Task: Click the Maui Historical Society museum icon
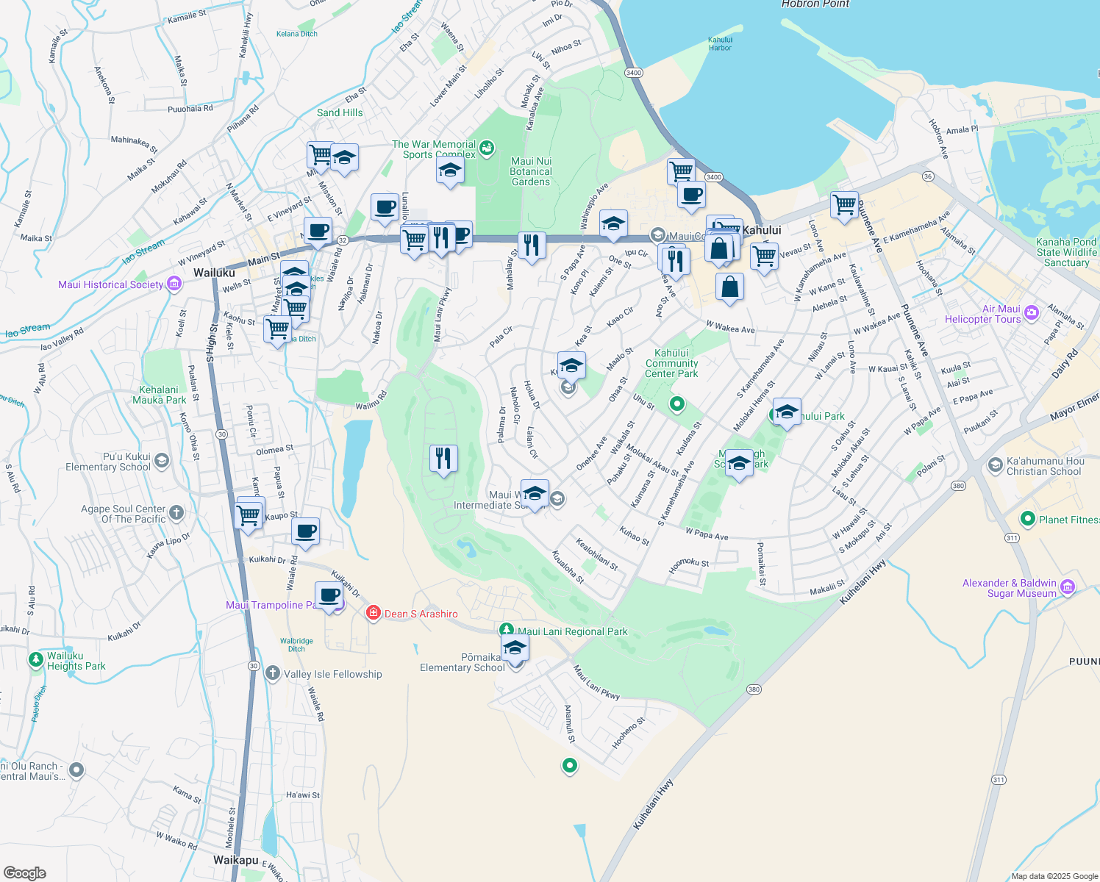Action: (174, 284)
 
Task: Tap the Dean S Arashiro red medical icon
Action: (374, 613)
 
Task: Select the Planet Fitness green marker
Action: (1028, 519)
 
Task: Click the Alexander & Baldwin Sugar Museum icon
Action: (1068, 587)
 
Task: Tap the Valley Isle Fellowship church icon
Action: (273, 673)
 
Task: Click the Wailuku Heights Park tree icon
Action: (35, 660)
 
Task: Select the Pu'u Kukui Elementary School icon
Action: (162, 461)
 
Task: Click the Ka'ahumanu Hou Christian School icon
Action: (995, 465)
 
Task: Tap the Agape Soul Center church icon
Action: (176, 512)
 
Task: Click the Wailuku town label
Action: (214, 273)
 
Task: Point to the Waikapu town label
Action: (235, 860)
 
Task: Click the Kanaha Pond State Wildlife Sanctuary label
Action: (1066, 252)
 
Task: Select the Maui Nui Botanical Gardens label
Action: (531, 172)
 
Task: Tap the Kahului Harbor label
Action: (720, 44)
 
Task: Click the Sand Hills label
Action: (340, 112)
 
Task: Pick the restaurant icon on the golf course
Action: (443, 459)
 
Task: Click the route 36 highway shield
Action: (928, 176)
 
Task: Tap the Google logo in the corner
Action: (25, 873)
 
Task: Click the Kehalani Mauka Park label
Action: (159, 395)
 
